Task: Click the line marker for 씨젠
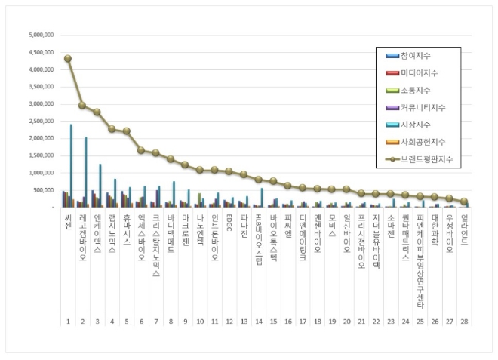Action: tap(68, 58)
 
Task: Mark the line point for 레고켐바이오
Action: tap(82, 105)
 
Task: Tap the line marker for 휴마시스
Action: tap(126, 131)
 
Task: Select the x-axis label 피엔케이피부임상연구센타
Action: tap(420, 260)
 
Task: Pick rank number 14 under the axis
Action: tap(258, 322)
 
